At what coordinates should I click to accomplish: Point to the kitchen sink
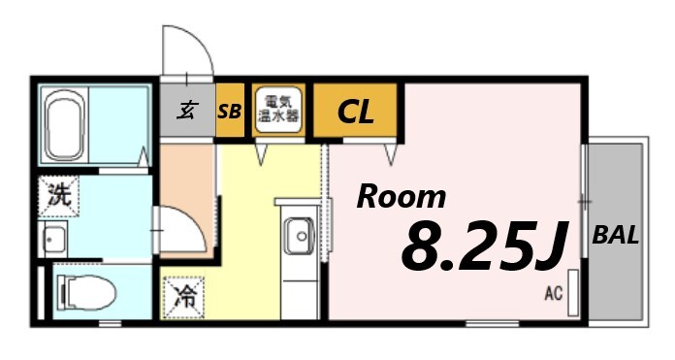(299, 236)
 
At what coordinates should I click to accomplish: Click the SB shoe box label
(230, 112)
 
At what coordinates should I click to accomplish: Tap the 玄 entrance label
(186, 111)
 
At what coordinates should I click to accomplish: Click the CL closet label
(355, 113)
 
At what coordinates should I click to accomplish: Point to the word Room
(401, 197)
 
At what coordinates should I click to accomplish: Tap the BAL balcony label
(615, 236)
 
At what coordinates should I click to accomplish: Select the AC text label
(554, 291)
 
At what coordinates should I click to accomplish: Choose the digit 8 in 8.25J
(423, 248)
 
